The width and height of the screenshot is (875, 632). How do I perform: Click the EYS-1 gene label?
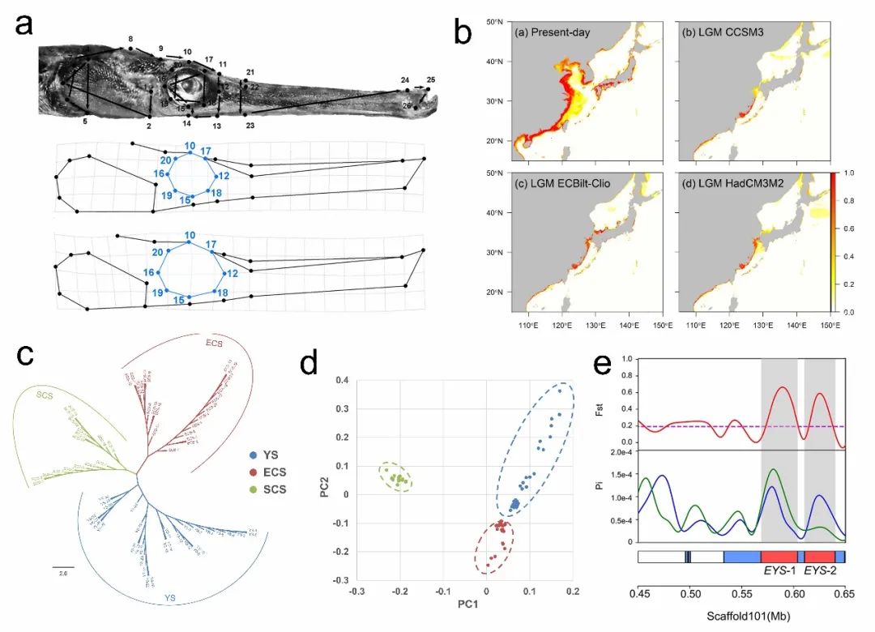tap(779, 571)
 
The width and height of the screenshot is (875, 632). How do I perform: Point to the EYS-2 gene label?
tap(820, 571)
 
